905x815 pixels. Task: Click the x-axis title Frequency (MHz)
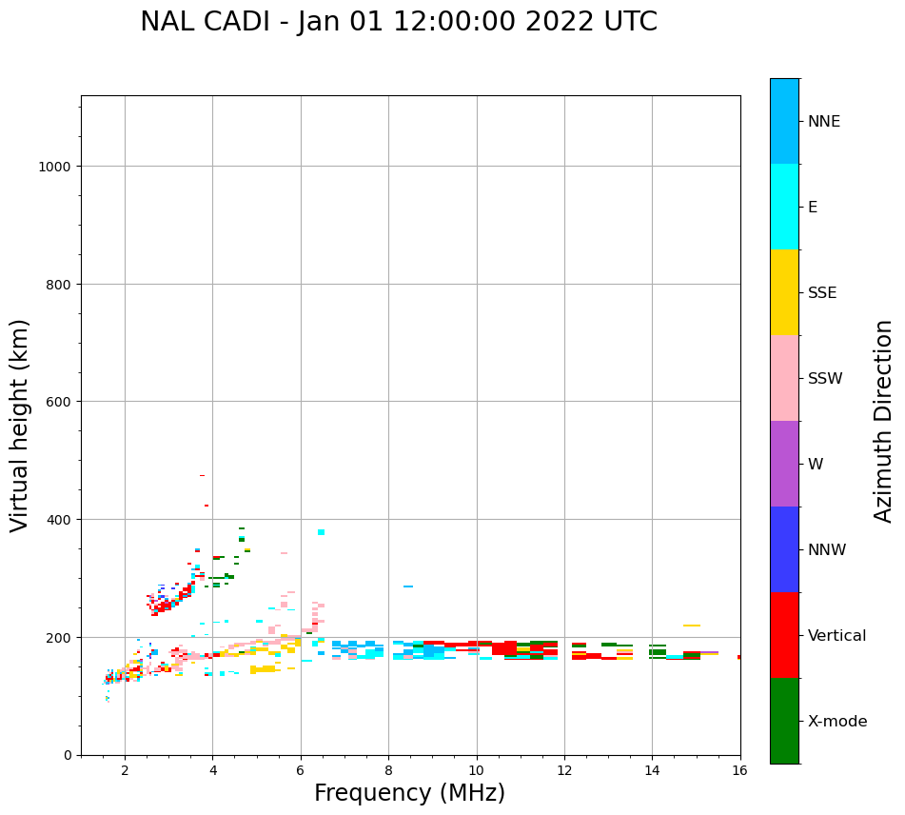(x=409, y=793)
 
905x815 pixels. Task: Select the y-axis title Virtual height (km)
(x=20, y=425)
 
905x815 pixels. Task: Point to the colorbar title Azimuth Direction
(x=884, y=421)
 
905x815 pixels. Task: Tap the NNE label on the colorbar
(x=824, y=122)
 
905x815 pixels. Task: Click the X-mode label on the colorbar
(x=837, y=722)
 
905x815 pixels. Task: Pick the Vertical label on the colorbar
(x=837, y=636)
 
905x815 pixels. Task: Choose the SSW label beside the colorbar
(x=825, y=379)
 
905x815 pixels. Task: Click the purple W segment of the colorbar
(x=784, y=464)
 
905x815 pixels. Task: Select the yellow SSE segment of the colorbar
(x=784, y=292)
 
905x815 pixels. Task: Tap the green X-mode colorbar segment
(x=784, y=721)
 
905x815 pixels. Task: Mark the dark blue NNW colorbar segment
(x=784, y=549)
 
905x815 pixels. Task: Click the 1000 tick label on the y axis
(x=56, y=167)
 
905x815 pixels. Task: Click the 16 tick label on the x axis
(x=739, y=771)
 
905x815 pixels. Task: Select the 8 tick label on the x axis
(x=388, y=771)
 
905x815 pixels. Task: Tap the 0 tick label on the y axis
(x=68, y=755)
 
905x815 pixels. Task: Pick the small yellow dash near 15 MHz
(x=692, y=626)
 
